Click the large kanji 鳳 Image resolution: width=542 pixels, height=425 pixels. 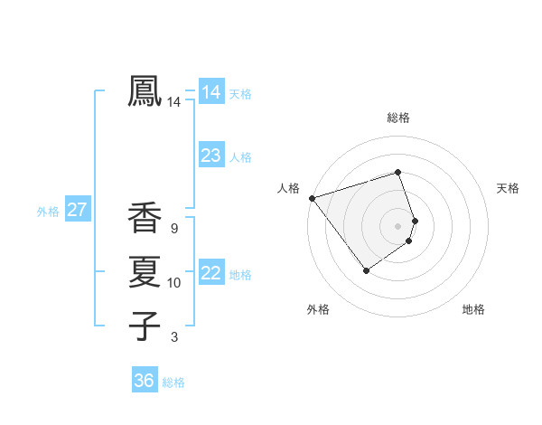(145, 90)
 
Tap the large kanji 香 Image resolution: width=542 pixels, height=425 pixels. (145, 218)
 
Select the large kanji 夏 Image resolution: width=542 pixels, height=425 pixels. (145, 271)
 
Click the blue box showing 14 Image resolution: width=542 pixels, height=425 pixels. (210, 91)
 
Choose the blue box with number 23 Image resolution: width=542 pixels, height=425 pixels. (210, 156)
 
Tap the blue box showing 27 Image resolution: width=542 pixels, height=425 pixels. (77, 211)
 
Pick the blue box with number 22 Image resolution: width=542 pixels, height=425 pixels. (210, 273)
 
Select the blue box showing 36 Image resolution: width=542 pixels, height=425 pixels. (144, 381)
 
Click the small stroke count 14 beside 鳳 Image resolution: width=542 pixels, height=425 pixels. (173, 103)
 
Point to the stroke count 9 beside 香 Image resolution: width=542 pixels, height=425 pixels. (173, 229)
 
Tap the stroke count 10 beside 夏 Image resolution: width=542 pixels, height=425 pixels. (173, 283)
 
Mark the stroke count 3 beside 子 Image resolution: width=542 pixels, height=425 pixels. (173, 337)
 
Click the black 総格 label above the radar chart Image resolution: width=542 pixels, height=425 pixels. (397, 118)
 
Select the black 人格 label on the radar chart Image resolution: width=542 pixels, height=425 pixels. (288, 188)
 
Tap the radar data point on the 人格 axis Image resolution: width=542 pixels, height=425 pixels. (312, 198)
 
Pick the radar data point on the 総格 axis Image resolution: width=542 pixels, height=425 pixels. (397, 172)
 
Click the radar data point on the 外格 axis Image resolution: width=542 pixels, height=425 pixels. (366, 269)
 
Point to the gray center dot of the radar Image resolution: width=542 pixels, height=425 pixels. (397, 225)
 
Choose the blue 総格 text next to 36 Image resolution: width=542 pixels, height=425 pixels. (173, 382)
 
